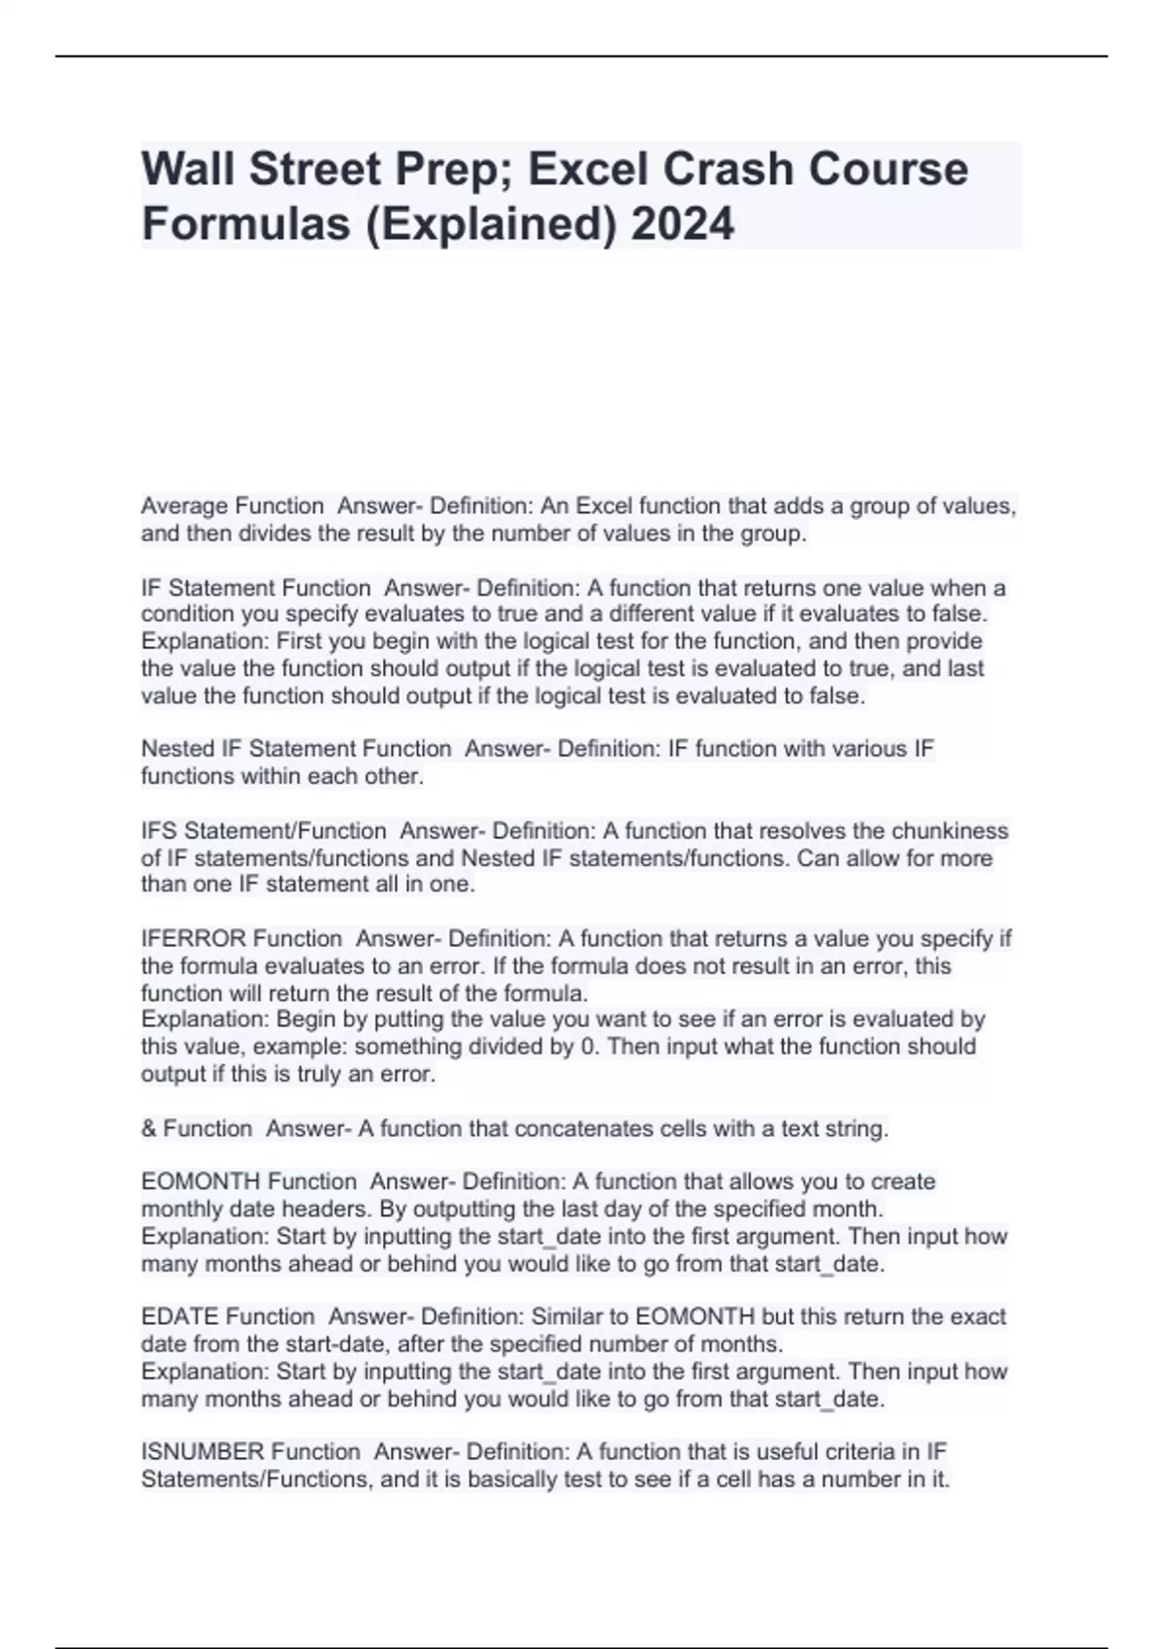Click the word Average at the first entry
pos(182,505)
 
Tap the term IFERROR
pos(192,939)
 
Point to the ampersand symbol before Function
pos(148,1129)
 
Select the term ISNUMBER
pos(202,1452)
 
